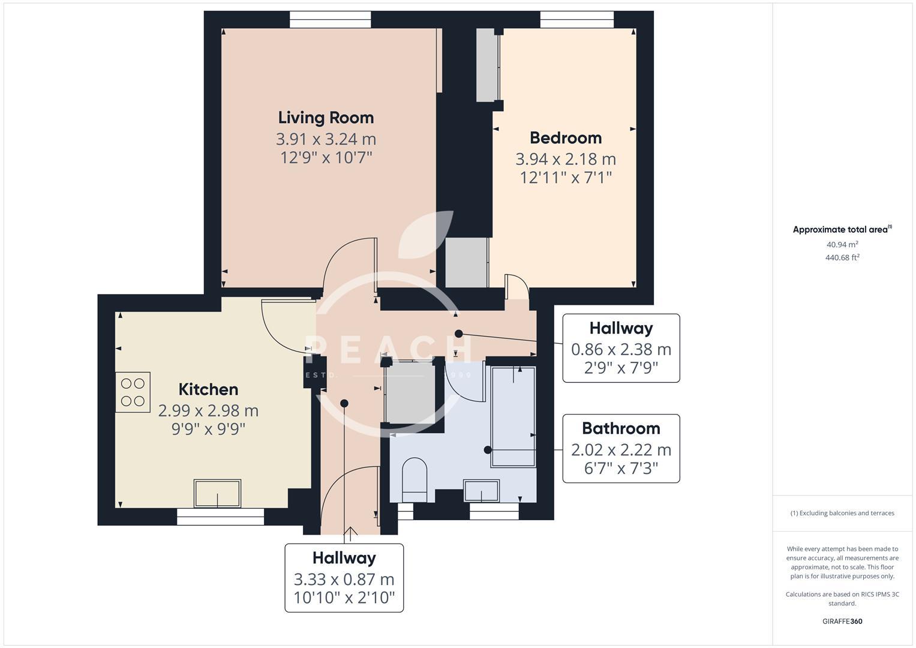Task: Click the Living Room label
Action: pyautogui.click(x=326, y=118)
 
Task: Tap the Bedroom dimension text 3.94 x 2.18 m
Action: pyautogui.click(x=566, y=159)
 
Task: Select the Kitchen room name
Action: pyautogui.click(x=208, y=389)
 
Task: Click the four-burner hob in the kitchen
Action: pyautogui.click(x=133, y=392)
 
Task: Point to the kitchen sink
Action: pyautogui.click(x=217, y=493)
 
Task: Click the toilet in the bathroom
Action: pyautogui.click(x=414, y=479)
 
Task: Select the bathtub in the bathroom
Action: pyautogui.click(x=513, y=416)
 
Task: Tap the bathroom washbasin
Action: pyautogui.click(x=481, y=491)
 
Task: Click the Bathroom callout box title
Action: pyautogui.click(x=621, y=428)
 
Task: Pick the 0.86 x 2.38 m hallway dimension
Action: pyautogui.click(x=621, y=349)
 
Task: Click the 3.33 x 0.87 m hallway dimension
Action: pyautogui.click(x=344, y=580)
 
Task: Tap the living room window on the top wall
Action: pyautogui.click(x=330, y=20)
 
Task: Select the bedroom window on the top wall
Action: pyautogui.click(x=576, y=20)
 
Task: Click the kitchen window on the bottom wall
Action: pyautogui.click(x=220, y=517)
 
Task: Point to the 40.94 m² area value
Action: pyautogui.click(x=842, y=245)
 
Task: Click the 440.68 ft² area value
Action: pyautogui.click(x=842, y=258)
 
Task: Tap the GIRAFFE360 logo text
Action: pyautogui.click(x=842, y=621)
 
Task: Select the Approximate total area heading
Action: pyautogui.click(x=842, y=230)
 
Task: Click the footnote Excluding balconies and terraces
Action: pyautogui.click(x=842, y=513)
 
